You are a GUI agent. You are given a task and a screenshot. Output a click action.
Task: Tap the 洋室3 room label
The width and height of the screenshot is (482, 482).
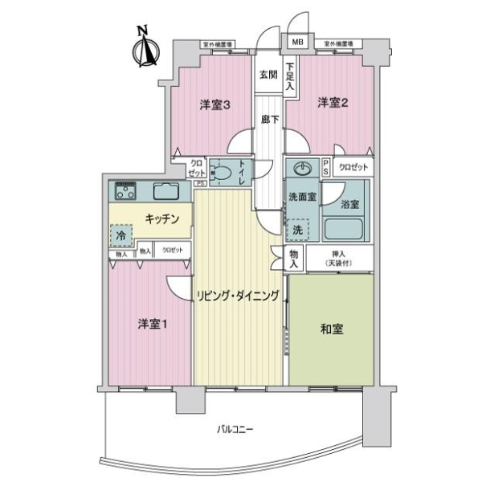pos(214,104)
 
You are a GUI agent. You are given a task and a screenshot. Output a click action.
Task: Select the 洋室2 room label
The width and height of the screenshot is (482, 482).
pos(332,102)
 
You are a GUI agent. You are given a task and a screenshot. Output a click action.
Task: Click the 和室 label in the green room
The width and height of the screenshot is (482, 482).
pos(331,328)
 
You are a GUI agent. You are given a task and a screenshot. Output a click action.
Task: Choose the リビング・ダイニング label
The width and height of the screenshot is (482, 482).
pos(238,296)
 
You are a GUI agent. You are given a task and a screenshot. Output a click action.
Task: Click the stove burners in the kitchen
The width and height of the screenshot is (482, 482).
pos(125,192)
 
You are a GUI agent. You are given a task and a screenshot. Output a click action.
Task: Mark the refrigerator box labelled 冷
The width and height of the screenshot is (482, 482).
pos(121,237)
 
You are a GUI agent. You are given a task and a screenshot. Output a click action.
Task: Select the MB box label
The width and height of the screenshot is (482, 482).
pos(297,42)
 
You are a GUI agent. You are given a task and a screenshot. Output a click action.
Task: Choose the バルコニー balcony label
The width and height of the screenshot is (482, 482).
pos(235,430)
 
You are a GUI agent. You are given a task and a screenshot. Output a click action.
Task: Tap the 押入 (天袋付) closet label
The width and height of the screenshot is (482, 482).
pos(329,258)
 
